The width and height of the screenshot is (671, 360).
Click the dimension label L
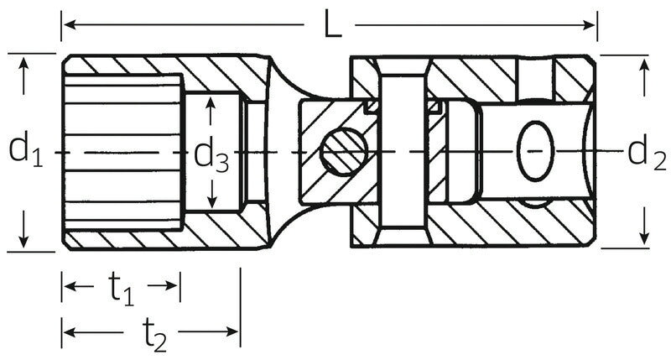click(332, 26)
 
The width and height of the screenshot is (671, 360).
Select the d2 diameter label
click(646, 151)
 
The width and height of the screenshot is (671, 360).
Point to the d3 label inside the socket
click(211, 154)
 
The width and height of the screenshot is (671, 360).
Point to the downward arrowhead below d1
click(24, 242)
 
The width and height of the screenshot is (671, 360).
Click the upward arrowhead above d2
click(644, 65)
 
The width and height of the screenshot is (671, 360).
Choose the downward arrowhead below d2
click(644, 238)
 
